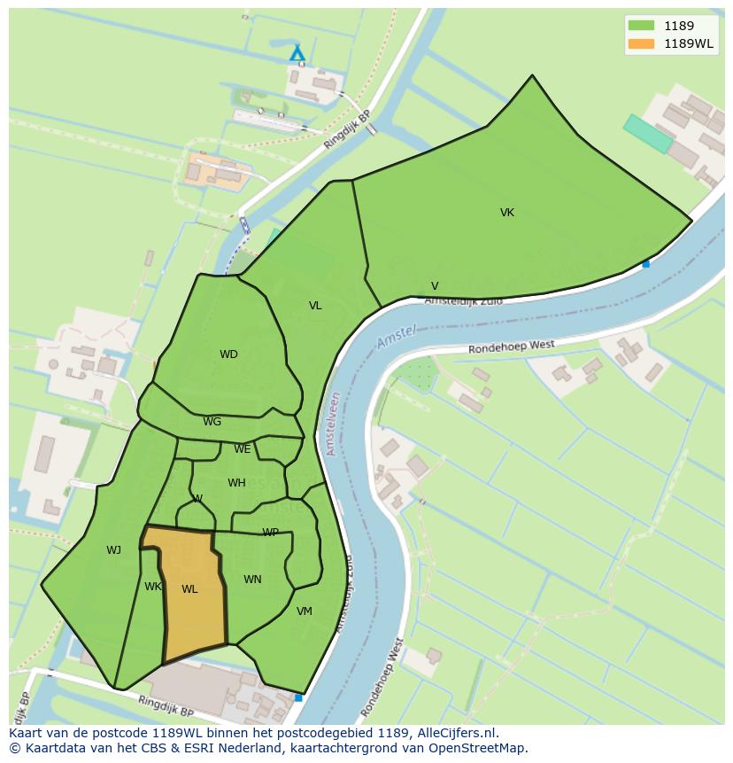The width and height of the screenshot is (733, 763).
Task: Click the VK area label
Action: pyautogui.click(x=506, y=213)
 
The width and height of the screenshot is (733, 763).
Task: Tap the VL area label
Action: pyautogui.click(x=315, y=306)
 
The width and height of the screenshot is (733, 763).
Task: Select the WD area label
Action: pyautogui.click(x=228, y=354)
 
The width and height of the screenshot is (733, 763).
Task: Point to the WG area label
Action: pyautogui.click(x=212, y=422)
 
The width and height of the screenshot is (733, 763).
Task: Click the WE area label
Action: pyautogui.click(x=242, y=449)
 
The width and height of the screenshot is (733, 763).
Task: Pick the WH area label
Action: pyautogui.click(x=236, y=483)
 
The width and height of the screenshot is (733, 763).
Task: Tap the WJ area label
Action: pyautogui.click(x=113, y=550)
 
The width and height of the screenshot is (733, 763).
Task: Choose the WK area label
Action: pyautogui.click(x=153, y=587)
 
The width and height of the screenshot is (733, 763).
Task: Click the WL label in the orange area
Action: pyautogui.click(x=189, y=589)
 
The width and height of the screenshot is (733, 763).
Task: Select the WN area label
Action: pyautogui.click(x=252, y=580)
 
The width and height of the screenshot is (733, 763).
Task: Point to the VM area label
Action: pyautogui.click(x=305, y=611)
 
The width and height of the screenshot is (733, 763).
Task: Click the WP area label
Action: pyautogui.click(x=270, y=533)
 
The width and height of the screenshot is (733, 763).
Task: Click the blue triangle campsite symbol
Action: pyautogui.click(x=297, y=54)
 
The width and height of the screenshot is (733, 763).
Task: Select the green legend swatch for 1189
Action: pyautogui.click(x=641, y=27)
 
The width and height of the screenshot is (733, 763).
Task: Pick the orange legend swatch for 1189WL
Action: pyautogui.click(x=641, y=44)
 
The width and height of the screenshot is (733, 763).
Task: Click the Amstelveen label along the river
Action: pyautogui.click(x=332, y=424)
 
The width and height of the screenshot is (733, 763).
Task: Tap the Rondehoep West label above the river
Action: pyautogui.click(x=511, y=347)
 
